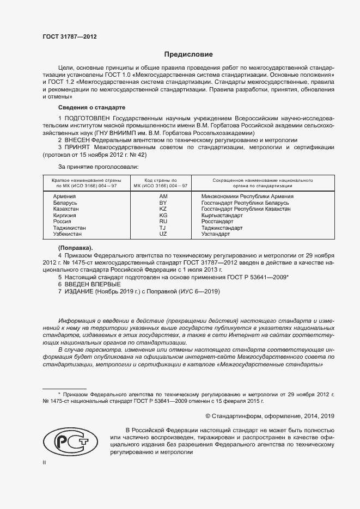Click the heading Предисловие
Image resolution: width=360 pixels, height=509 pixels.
[x=188, y=54]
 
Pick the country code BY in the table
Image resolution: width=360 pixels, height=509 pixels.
[x=163, y=203]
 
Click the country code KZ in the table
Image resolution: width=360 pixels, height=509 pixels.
[x=163, y=208]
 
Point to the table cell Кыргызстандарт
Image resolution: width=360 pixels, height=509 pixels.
[x=222, y=215]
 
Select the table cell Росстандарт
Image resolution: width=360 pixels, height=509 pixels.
[x=217, y=222]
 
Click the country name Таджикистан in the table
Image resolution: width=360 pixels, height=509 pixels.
[x=69, y=228]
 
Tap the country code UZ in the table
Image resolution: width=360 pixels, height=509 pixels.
[x=163, y=234]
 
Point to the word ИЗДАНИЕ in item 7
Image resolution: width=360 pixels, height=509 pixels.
[x=80, y=292]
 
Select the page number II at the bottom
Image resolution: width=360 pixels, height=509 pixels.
[x=45, y=463]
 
